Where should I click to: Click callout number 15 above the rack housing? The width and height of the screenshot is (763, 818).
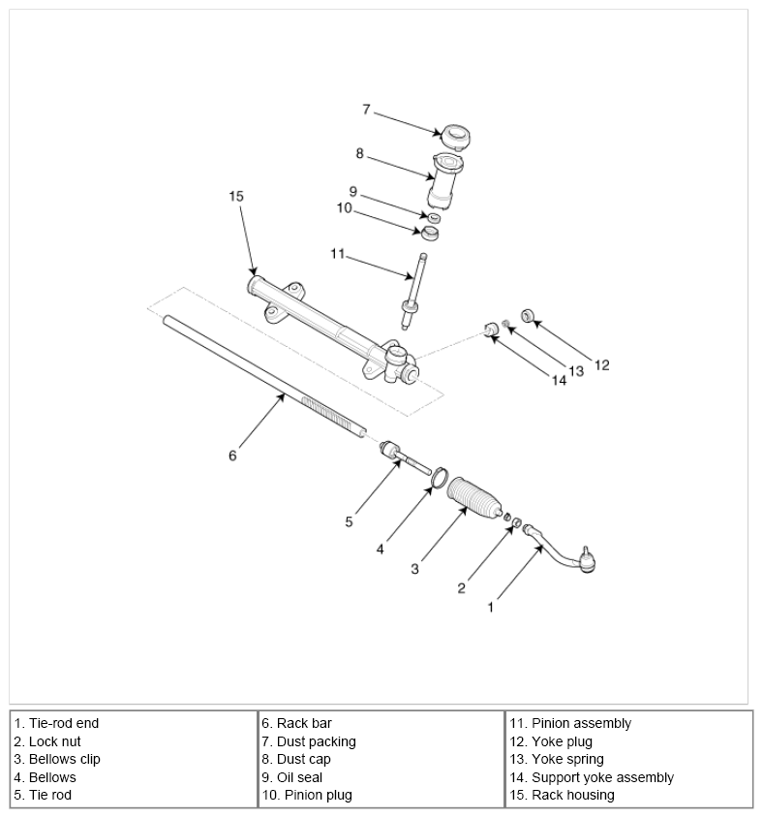tap(236, 196)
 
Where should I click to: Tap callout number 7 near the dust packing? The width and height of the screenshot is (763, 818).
tap(366, 110)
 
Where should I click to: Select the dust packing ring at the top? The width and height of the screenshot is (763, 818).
tap(455, 137)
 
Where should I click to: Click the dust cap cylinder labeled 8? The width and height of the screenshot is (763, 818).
tap(444, 180)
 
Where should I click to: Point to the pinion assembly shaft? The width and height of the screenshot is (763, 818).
tap(413, 291)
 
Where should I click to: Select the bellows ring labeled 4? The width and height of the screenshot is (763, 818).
tap(440, 479)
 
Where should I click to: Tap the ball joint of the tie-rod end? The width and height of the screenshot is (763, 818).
tap(588, 561)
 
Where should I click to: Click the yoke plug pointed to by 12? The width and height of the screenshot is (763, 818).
tap(528, 315)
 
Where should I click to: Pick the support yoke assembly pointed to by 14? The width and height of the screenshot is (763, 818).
tap(490, 330)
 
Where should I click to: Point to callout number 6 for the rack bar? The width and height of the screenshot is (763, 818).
tap(232, 456)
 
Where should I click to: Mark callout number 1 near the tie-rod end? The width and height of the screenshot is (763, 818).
tap(490, 608)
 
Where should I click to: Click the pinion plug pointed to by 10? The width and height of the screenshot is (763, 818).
tap(430, 234)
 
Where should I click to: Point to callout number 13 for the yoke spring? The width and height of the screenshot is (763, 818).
tap(576, 371)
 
